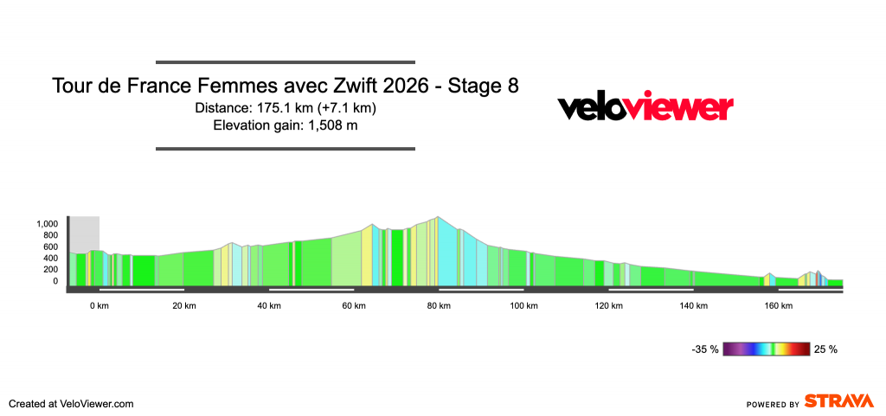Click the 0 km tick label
(x=100, y=306)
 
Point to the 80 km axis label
(x=439, y=306)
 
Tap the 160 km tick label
(x=778, y=306)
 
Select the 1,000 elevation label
(x=46, y=224)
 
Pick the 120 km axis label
(x=608, y=306)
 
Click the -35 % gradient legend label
(x=705, y=349)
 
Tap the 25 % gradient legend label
(x=825, y=349)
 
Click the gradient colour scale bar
(x=767, y=349)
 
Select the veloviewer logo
(x=645, y=107)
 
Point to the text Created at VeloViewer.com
(x=71, y=403)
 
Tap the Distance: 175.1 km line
(x=286, y=108)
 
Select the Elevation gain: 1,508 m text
(x=286, y=125)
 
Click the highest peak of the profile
(x=439, y=217)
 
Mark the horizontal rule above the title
(x=286, y=62)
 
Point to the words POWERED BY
(x=772, y=404)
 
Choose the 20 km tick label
(x=184, y=306)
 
